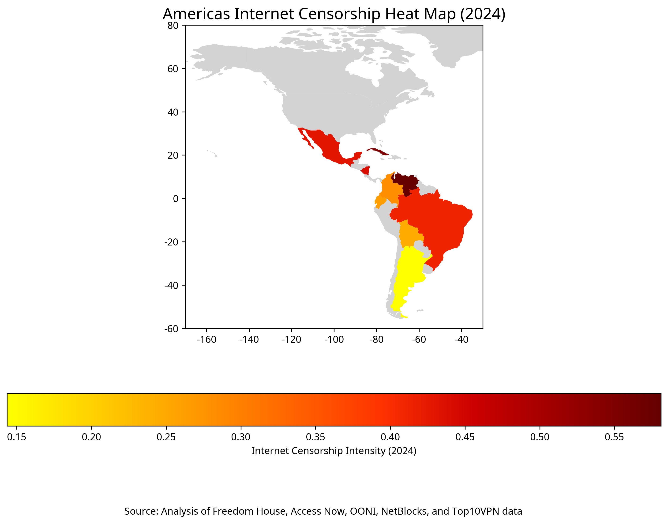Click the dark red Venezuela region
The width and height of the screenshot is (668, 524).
(x=405, y=183)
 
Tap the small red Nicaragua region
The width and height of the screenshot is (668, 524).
(x=366, y=171)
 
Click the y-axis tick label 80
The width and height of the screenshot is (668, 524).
(x=173, y=26)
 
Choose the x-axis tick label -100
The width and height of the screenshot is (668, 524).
(x=334, y=340)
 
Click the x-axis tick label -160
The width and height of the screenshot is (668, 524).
(x=206, y=340)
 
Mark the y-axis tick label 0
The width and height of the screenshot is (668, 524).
(x=175, y=199)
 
